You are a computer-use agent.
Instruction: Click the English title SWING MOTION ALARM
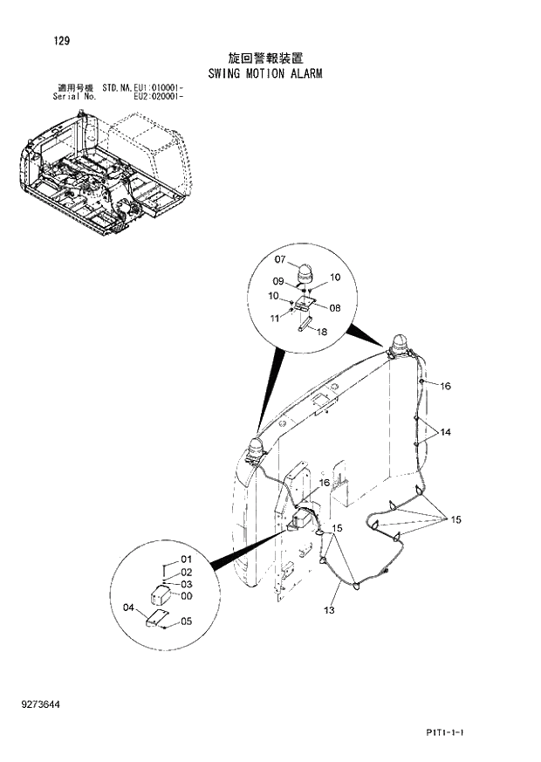click(x=265, y=73)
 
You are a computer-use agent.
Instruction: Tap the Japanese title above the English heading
click(x=265, y=58)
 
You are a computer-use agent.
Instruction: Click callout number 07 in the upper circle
click(x=280, y=259)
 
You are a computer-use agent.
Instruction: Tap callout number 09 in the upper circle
click(x=278, y=281)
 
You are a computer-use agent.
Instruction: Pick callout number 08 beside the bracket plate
click(x=334, y=306)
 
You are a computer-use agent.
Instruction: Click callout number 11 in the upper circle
click(x=277, y=319)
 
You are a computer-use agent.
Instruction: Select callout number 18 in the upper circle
click(x=321, y=333)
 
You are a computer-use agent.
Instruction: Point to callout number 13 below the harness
click(x=330, y=610)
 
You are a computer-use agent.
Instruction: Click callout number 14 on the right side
click(x=445, y=432)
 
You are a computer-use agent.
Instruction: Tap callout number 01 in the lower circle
click(x=186, y=559)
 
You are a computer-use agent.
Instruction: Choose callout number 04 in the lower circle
click(x=129, y=608)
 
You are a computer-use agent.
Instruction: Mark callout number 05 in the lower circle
click(x=186, y=621)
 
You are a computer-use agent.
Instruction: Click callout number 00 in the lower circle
click(x=186, y=596)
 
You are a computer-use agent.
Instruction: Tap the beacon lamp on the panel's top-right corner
click(x=398, y=345)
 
